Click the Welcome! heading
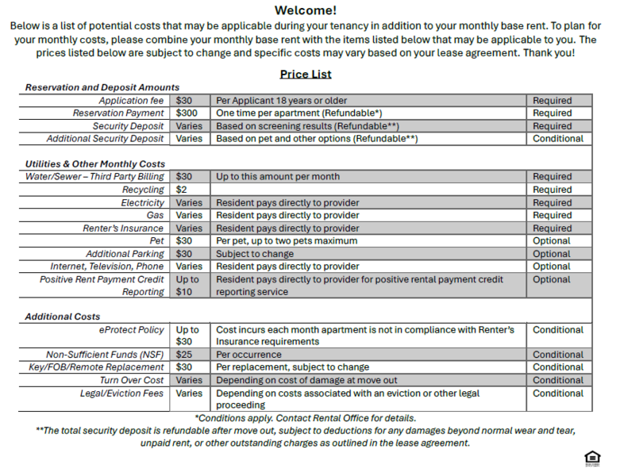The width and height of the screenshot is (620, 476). [306, 10]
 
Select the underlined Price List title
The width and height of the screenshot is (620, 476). [306, 74]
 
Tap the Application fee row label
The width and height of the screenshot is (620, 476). [131, 101]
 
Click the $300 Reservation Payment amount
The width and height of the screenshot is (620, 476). [187, 113]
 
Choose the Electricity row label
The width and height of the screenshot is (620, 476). [142, 202]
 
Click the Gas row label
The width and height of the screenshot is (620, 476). [155, 215]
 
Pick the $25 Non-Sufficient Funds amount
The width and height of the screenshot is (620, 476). [184, 355]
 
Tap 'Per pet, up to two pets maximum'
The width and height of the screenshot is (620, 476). [287, 240]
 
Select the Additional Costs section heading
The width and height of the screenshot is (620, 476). [63, 317]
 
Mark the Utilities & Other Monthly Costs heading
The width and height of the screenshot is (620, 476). [95, 163]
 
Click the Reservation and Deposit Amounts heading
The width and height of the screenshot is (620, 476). [102, 87]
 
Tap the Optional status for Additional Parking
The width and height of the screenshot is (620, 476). [552, 254]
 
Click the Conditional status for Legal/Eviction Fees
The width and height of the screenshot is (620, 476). [558, 393]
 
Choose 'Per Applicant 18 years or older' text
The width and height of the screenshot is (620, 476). [282, 101]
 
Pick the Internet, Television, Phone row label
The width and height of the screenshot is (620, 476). [107, 267]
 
